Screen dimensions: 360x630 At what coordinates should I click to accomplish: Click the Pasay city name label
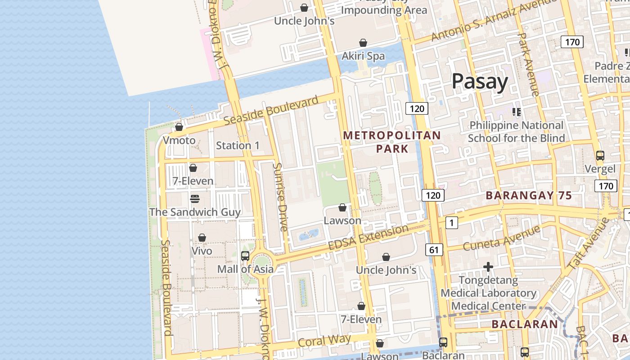click(x=480, y=81)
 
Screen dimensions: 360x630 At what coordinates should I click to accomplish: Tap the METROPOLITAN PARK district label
click(x=392, y=142)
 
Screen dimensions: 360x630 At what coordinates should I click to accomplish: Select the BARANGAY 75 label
click(x=529, y=195)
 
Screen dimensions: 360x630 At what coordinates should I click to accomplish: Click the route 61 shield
click(x=433, y=250)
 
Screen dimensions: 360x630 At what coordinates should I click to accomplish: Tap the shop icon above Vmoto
click(x=179, y=127)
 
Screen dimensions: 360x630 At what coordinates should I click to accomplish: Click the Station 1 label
click(x=238, y=145)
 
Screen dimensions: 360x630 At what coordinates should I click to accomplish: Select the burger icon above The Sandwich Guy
click(x=195, y=198)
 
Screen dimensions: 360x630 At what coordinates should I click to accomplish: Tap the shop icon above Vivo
click(x=202, y=237)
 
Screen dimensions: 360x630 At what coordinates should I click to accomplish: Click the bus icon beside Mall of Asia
click(x=245, y=256)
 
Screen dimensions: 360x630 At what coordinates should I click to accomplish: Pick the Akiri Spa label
click(x=363, y=56)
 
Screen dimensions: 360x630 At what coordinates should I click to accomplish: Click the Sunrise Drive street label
click(x=280, y=197)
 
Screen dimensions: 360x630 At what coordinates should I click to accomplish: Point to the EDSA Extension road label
click(x=368, y=238)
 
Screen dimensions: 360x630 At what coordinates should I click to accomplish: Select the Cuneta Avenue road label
click(x=501, y=238)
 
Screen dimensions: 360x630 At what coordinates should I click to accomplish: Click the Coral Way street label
click(x=324, y=341)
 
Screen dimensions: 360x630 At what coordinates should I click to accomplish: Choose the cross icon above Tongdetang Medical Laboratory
click(x=488, y=267)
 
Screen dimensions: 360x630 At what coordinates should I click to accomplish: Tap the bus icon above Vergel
click(x=600, y=156)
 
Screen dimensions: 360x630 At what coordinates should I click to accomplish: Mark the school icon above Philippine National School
click(x=516, y=112)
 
